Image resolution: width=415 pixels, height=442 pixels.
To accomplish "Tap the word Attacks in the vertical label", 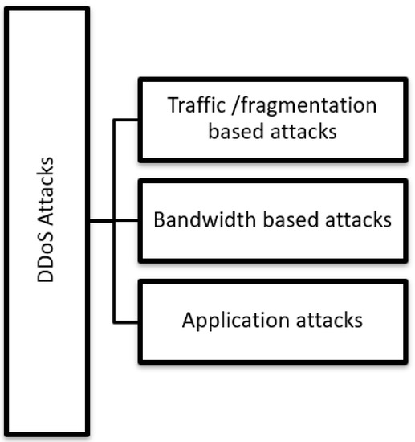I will coord(47,200).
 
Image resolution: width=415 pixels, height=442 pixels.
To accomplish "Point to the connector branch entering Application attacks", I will coord(126,322).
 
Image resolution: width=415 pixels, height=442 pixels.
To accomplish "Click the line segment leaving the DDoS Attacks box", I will coord(101,221).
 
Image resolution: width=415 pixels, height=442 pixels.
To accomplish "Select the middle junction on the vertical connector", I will coord(114,221).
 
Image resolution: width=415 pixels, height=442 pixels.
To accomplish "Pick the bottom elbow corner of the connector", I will coord(114,322).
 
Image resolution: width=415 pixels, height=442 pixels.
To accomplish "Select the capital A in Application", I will coord(189,319).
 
